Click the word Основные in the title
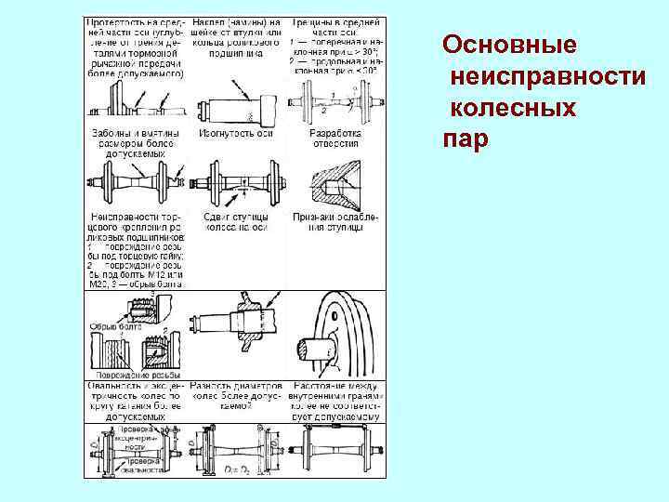(x=509, y=44)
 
